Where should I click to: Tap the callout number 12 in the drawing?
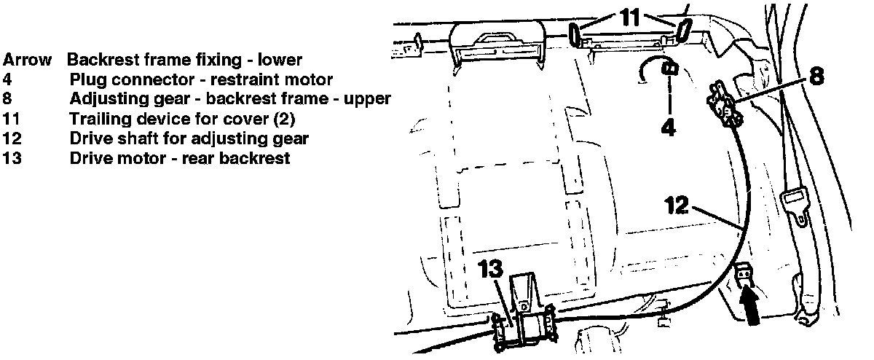click(x=677, y=206)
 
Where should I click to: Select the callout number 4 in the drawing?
click(x=669, y=127)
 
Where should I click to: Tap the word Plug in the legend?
click(x=86, y=79)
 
